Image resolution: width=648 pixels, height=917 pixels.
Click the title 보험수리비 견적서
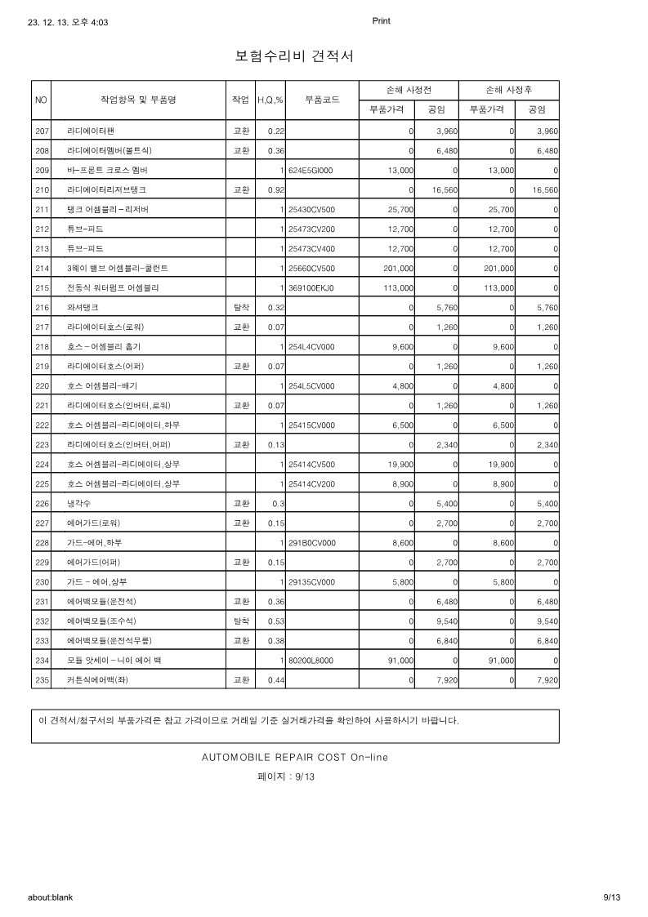[x=293, y=56]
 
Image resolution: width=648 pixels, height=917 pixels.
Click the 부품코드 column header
[x=322, y=100]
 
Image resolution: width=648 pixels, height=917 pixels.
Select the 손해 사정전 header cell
[x=409, y=90]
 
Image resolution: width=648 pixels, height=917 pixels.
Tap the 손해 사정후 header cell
[x=508, y=90]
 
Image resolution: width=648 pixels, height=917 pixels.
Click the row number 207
[x=42, y=131]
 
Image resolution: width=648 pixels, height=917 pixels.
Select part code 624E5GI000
[x=311, y=170]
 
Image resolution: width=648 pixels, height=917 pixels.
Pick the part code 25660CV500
[x=311, y=268]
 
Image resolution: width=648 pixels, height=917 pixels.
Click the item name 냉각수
[x=78, y=503]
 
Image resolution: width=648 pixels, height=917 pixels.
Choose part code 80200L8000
[x=311, y=660]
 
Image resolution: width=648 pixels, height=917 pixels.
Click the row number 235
[x=42, y=679]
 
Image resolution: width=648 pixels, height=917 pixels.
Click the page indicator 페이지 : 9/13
[x=286, y=777]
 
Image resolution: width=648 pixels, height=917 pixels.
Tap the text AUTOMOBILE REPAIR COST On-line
[x=295, y=757]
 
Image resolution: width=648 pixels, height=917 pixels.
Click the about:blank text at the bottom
[x=51, y=897]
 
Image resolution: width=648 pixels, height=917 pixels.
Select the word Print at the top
[x=381, y=21]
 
